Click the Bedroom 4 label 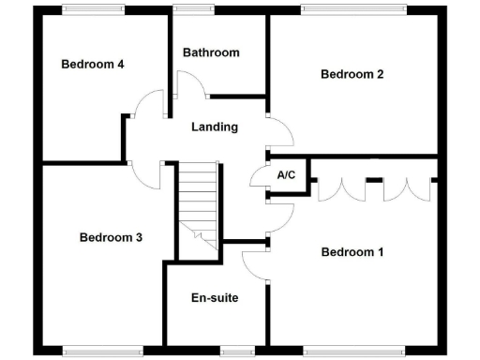click(93, 65)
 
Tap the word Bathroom click(211, 52)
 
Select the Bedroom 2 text click(352, 74)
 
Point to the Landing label click(214, 127)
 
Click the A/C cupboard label click(286, 175)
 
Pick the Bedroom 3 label click(111, 237)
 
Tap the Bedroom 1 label click(352, 251)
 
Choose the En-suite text click(215, 298)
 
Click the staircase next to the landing click(199, 202)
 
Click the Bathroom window click(193, 8)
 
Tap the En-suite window click(238, 352)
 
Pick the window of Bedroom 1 click(352, 352)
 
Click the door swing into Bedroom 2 click(280, 132)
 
